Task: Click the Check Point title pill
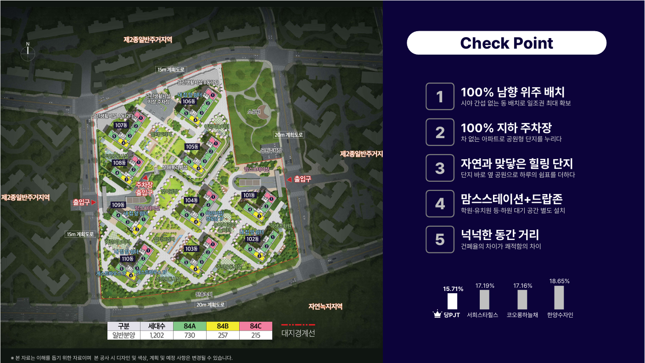(x=506, y=43)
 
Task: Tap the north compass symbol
(x=28, y=53)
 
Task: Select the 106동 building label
(x=187, y=101)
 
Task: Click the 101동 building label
(x=249, y=195)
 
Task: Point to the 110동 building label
(x=127, y=259)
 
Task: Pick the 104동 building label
(x=191, y=200)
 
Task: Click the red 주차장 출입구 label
(x=144, y=189)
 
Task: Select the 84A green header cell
(x=189, y=326)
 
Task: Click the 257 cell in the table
(x=222, y=335)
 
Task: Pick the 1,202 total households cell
(x=157, y=335)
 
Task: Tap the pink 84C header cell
(x=255, y=326)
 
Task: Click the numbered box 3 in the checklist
(x=440, y=168)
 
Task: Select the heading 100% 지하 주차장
(x=506, y=128)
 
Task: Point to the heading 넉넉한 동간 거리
(x=500, y=235)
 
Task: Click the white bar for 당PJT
(x=453, y=302)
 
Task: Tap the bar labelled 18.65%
(x=559, y=297)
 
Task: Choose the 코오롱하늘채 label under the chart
(x=522, y=315)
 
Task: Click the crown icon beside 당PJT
(x=437, y=315)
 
